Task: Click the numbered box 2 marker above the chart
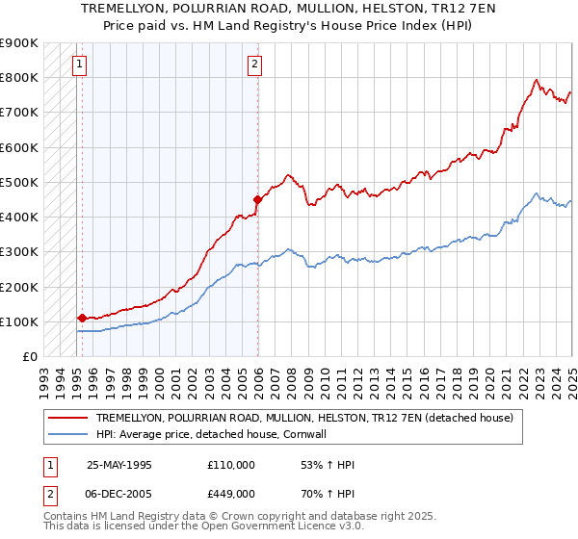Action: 254,65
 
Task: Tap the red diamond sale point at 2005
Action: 257,200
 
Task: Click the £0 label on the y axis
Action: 30,356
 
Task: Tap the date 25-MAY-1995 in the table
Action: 119,464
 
